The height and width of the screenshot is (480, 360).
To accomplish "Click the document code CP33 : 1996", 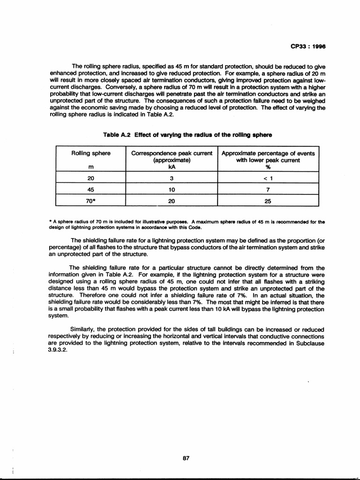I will pyautogui.click(x=308, y=46).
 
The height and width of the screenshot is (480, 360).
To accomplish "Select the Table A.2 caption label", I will pyautogui.click(x=117, y=135).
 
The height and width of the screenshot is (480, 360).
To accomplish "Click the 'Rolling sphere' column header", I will pyautogui.click(x=91, y=153).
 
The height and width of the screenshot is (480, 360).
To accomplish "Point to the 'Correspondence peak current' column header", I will pyautogui.click(x=172, y=153).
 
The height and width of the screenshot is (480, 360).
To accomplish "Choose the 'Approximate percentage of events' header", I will pyautogui.click(x=268, y=153).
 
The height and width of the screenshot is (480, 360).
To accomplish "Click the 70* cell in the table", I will pyautogui.click(x=91, y=201).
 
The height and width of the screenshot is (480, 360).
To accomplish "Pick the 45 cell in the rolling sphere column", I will pyautogui.click(x=90, y=189).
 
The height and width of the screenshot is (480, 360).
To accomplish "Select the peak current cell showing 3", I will pyautogui.click(x=172, y=178).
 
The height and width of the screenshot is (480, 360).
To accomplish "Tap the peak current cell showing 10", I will pyautogui.click(x=172, y=189).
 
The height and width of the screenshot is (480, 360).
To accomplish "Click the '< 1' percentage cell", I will pyautogui.click(x=268, y=178).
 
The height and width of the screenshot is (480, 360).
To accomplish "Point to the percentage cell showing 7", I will pyautogui.click(x=268, y=189).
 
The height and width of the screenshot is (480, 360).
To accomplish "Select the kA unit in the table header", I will pyautogui.click(x=172, y=166).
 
